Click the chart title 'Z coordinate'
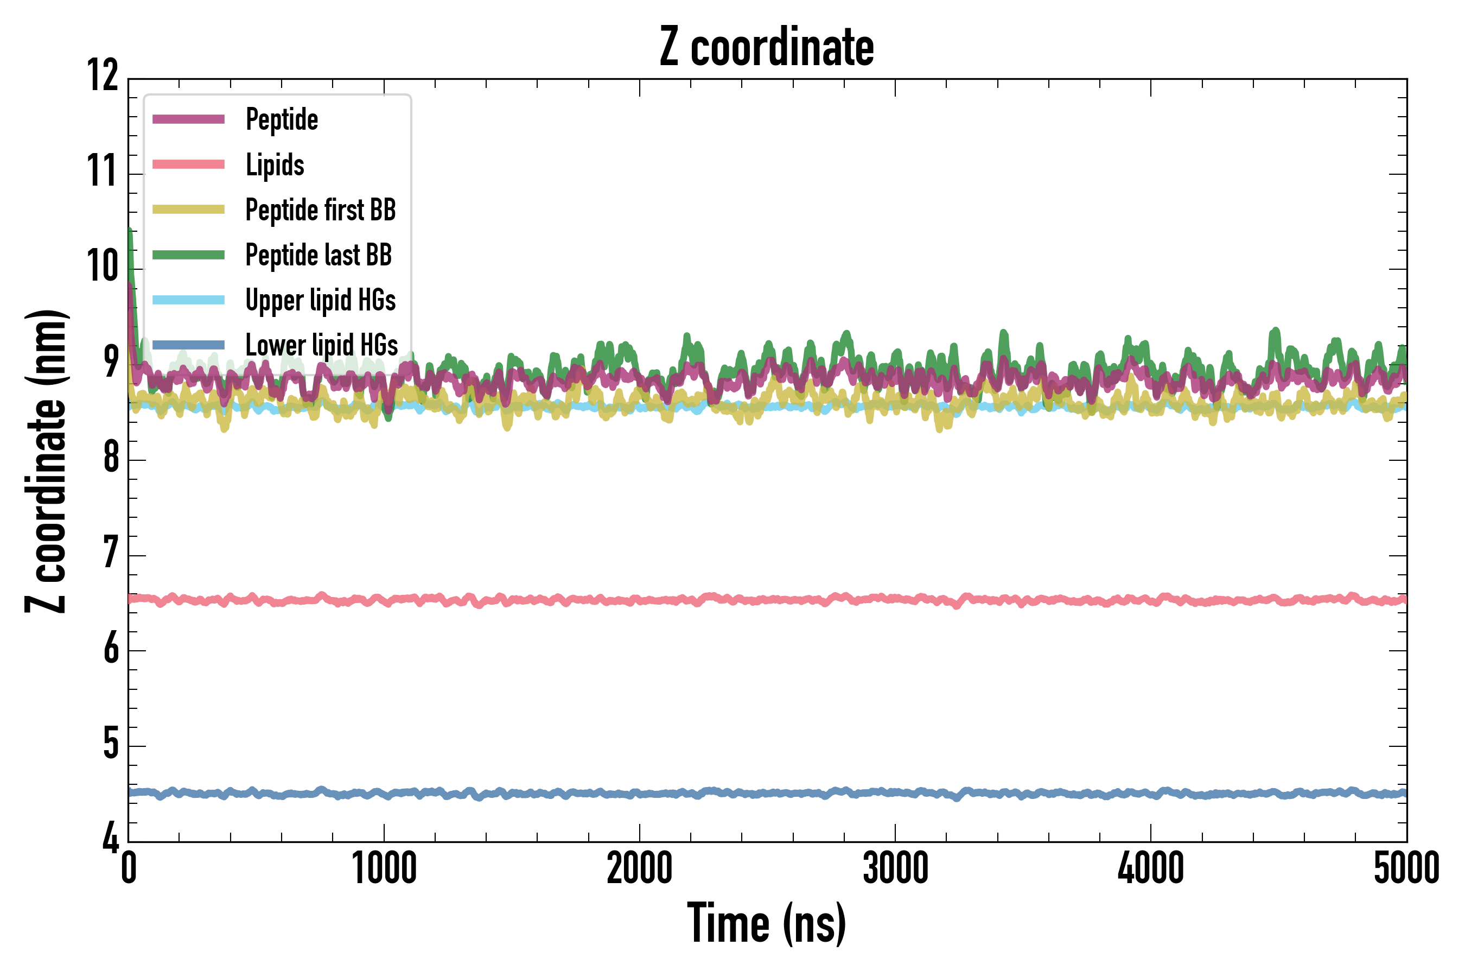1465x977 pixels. [767, 47]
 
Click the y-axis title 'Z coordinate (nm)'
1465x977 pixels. [46, 461]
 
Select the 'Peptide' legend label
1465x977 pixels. [282, 119]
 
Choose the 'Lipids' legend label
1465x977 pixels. [275, 164]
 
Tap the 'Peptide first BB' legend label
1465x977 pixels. [320, 210]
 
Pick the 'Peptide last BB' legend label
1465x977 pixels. [319, 255]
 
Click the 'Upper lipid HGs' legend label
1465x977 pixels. [320, 300]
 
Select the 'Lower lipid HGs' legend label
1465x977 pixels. [321, 345]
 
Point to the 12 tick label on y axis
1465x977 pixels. [103, 76]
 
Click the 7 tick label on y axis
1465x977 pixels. [111, 553]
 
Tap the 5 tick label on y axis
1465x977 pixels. [111, 744]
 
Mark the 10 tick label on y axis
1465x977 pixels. [103, 267]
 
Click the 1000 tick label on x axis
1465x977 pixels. [384, 868]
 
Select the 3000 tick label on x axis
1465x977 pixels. [895, 868]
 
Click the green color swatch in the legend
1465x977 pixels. [188, 255]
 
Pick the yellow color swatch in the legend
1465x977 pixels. [188, 210]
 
